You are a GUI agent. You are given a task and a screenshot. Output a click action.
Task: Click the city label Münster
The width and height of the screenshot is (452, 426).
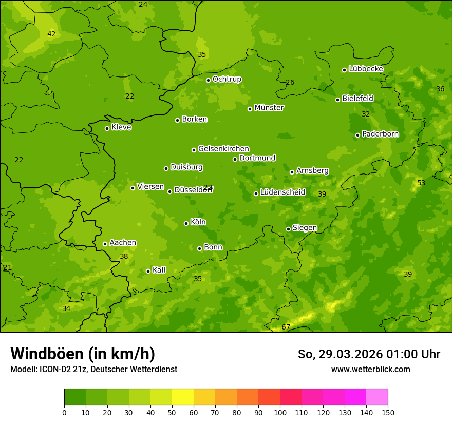tap(269, 108)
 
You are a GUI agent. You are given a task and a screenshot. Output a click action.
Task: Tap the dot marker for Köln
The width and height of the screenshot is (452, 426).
tap(186, 223)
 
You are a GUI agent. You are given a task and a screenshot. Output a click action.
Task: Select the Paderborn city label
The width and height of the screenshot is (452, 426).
tap(380, 134)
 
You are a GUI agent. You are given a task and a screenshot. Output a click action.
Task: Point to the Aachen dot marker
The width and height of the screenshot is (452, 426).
tap(105, 244)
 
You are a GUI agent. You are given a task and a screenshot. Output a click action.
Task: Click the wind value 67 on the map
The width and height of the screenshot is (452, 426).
tap(286, 327)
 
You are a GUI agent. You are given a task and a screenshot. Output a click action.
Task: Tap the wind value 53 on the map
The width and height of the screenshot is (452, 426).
tap(421, 183)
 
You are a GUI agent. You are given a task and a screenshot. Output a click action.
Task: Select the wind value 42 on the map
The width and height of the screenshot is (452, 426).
tap(51, 34)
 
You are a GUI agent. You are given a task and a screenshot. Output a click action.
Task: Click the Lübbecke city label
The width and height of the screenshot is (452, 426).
tap(366, 69)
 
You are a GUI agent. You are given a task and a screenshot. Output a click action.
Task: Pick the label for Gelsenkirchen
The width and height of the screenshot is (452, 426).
tap(223, 149)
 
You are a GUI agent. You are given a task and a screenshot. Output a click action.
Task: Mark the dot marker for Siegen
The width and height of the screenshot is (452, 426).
tap(288, 229)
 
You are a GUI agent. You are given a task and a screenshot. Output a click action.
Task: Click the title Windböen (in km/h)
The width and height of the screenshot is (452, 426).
tap(83, 354)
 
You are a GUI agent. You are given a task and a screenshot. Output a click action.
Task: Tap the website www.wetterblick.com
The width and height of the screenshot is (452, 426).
tap(370, 369)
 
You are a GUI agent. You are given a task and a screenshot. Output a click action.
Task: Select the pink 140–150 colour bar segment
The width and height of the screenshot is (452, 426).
tap(377, 397)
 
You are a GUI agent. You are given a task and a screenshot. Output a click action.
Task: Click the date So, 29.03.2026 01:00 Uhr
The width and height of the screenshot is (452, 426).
tap(369, 354)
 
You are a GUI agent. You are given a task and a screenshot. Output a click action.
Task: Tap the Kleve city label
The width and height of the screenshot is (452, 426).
tap(121, 127)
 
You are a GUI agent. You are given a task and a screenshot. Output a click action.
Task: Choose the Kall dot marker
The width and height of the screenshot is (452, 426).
tap(148, 271)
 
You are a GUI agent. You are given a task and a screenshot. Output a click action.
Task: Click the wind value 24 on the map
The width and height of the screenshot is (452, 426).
tap(143, 5)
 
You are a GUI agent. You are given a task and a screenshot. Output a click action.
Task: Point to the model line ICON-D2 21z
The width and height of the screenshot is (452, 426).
tap(93, 370)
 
